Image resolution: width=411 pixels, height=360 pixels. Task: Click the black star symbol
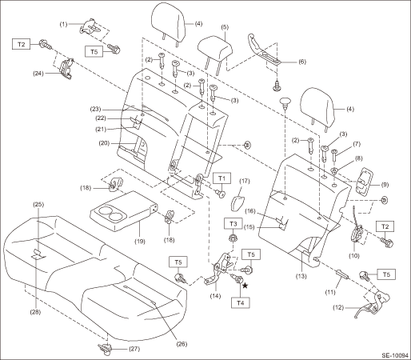245,286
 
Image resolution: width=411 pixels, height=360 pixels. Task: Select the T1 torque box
222,178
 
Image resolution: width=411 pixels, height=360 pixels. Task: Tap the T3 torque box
233,224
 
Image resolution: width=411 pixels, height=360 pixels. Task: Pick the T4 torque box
241,303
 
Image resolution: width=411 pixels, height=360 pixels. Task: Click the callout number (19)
140,242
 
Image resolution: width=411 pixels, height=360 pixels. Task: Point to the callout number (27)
134,349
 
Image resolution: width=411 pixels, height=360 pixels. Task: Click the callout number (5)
225,27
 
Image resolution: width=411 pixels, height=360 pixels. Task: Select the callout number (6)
301,62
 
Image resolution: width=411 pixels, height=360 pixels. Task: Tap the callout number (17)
245,181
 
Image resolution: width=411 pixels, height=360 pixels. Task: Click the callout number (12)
338,307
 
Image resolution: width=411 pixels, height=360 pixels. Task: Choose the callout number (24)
38,73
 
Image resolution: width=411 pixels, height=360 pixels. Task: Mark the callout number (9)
384,185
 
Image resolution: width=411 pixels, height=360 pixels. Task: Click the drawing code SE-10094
395,355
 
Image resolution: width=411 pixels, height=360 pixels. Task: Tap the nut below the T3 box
233,237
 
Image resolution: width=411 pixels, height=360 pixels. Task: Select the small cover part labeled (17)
239,203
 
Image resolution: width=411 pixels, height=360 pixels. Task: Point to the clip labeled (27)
105,349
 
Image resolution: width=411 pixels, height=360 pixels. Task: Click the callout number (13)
301,276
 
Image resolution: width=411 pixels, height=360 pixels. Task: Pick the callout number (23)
95,109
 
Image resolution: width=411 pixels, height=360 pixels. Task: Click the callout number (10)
354,255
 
